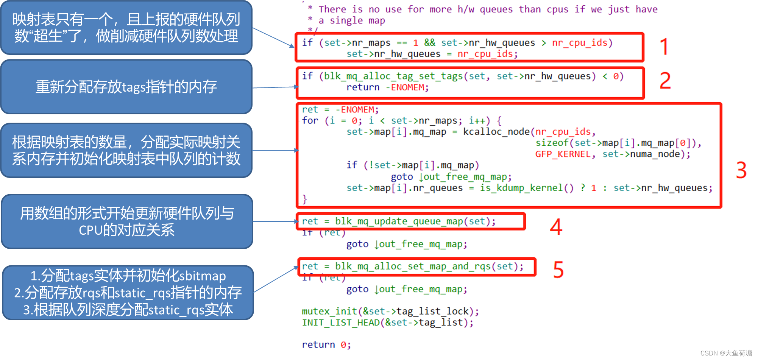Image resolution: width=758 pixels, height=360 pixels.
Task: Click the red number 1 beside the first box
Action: (x=664, y=47)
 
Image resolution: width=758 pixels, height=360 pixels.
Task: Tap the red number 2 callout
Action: (x=665, y=81)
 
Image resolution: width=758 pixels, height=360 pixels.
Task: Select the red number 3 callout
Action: (x=741, y=170)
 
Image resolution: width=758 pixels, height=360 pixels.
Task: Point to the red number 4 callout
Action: (x=556, y=227)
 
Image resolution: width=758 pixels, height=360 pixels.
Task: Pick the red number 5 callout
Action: (x=558, y=270)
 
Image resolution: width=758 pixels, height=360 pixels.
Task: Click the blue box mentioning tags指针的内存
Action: (x=126, y=87)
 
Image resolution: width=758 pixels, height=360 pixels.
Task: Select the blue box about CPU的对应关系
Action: (x=127, y=221)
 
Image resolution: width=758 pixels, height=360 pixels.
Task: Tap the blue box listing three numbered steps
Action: (x=128, y=293)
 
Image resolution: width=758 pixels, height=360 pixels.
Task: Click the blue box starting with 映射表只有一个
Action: (x=126, y=28)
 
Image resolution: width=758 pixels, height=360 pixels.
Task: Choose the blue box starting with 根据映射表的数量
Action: (x=126, y=150)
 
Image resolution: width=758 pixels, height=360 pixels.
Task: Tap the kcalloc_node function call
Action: (x=496, y=132)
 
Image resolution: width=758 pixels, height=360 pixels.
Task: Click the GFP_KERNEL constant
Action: (x=563, y=154)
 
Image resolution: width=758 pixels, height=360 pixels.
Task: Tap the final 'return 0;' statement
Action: (x=326, y=344)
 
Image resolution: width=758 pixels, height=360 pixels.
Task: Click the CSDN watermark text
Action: (x=726, y=353)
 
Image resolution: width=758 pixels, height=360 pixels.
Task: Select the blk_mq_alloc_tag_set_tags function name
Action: (x=393, y=76)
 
